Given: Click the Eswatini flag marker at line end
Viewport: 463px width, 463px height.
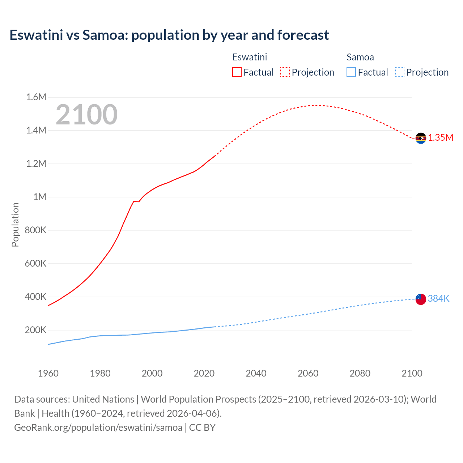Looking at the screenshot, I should point(421,138).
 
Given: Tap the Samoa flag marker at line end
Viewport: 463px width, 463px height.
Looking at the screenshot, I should point(421,299).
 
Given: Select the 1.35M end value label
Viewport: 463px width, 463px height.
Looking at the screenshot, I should point(441,138).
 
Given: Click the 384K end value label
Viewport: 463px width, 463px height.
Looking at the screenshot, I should point(438,298).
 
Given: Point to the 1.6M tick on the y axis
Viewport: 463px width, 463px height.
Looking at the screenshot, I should point(36,97).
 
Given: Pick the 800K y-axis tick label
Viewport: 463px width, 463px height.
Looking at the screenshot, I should point(35,230).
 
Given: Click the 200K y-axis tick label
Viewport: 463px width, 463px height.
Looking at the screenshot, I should point(35,330).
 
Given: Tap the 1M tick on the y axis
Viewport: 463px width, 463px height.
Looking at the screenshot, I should point(40,197).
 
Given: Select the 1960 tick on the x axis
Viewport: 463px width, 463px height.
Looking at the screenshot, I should point(48,373).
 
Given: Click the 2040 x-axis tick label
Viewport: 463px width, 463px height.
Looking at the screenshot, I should point(256,373).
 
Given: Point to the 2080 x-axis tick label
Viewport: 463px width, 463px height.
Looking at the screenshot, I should point(360,373).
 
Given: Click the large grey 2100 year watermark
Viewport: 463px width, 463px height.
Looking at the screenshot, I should point(86,115).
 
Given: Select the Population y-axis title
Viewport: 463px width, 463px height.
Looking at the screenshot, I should point(15,225).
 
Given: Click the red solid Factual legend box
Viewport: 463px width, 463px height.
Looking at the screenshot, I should point(237,72).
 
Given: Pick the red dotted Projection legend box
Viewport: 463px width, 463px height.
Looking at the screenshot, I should point(285,72).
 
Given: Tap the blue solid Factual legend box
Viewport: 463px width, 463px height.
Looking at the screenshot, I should point(351,72).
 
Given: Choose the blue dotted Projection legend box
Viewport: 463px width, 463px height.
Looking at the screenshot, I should point(399,72).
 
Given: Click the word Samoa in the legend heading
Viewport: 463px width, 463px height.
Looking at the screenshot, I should point(360,57).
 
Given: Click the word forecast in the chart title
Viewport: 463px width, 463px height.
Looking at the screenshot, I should point(303,35).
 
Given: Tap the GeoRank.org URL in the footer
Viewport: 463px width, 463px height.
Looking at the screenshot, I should point(98,428).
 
